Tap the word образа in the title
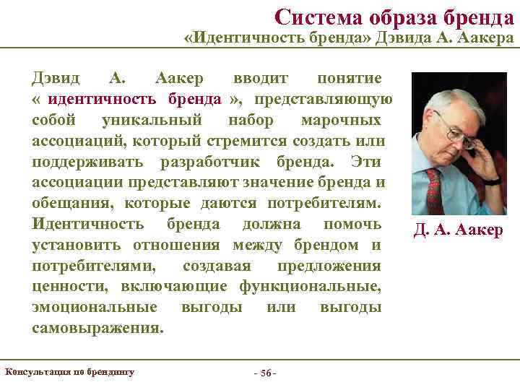(398, 16)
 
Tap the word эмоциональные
(95, 307)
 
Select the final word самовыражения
(97, 328)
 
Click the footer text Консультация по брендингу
(70, 372)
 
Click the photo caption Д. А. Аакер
(458, 231)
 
